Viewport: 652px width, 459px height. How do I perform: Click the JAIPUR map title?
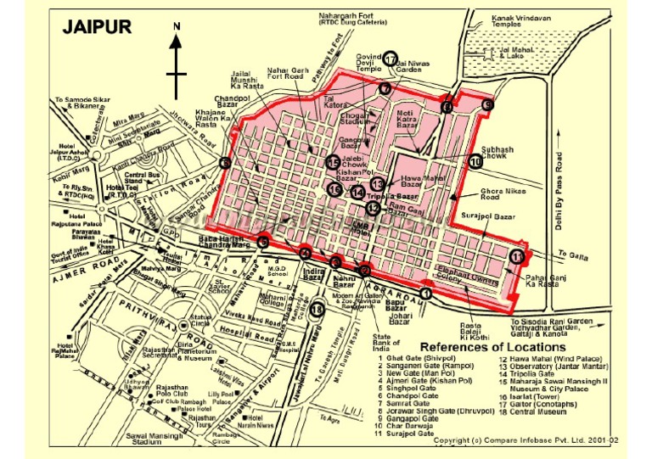coord(97,27)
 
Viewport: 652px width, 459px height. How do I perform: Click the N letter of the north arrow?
coord(177,27)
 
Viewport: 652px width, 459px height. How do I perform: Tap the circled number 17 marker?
coord(391,59)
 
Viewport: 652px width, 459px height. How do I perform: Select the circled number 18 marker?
coord(318,311)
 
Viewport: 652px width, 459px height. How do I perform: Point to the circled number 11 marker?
coord(517,256)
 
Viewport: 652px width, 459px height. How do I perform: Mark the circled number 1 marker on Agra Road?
coord(425,294)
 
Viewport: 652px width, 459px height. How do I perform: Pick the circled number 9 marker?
coord(487,104)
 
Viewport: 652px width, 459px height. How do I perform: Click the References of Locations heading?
coord(492,347)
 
